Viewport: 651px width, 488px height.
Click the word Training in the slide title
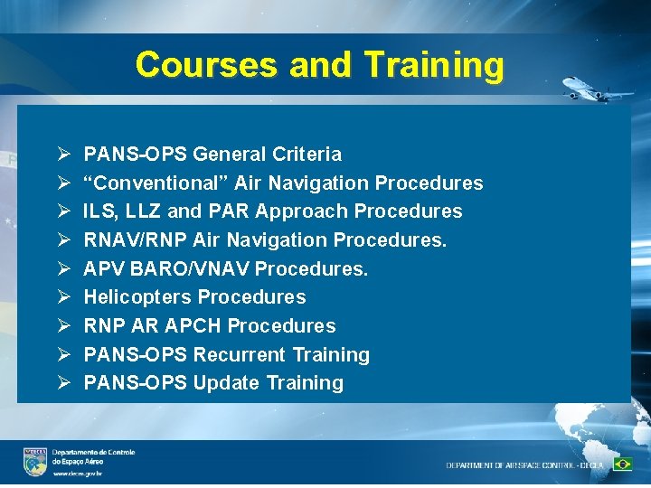tap(433, 65)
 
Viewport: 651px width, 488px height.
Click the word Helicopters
tap(137, 297)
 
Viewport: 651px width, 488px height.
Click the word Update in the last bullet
tap(226, 383)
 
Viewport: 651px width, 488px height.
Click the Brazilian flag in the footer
tap(622, 465)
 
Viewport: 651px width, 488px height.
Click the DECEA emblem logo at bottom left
tap(35, 461)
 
